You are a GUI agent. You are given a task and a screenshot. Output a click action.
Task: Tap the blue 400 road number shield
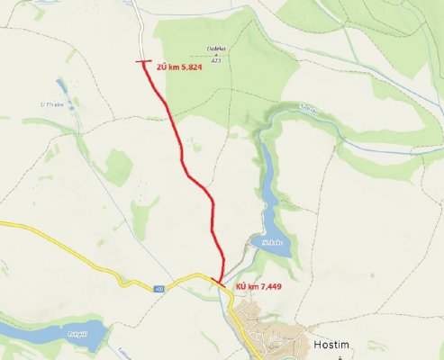coord(159,289)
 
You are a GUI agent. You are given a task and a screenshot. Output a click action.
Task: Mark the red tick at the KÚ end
coord(219,282)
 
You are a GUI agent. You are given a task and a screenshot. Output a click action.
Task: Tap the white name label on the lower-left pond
coord(50,332)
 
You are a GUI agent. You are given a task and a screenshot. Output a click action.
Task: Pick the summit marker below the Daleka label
coord(216,56)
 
